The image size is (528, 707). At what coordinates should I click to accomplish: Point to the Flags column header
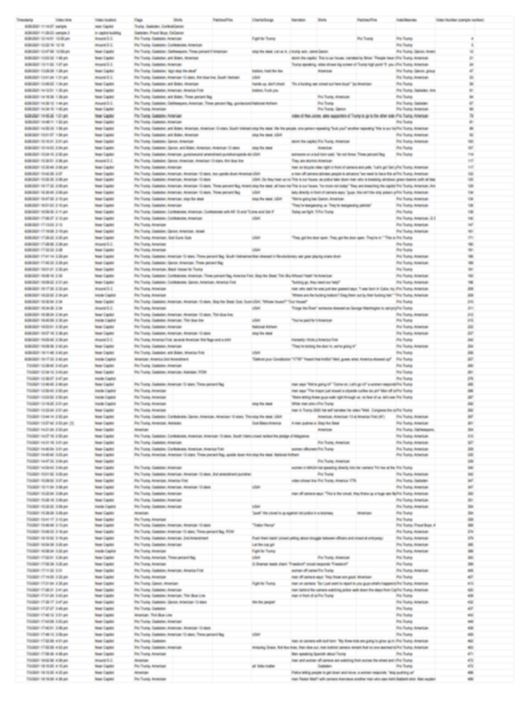point(139,18)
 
